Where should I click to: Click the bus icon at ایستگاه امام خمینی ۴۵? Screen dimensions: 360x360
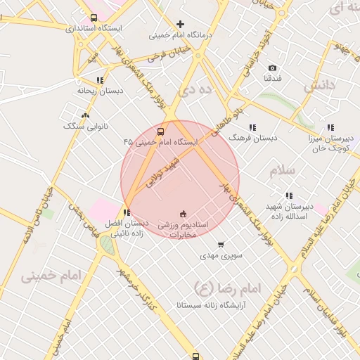(161, 131)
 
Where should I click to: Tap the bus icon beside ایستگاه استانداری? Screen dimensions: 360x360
(94, 18)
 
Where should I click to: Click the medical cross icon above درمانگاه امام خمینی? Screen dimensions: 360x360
(181, 25)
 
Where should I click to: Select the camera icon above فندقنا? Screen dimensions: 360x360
(272, 68)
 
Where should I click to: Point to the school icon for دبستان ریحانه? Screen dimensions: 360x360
(100, 80)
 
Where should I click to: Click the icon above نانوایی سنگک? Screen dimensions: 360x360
(86, 115)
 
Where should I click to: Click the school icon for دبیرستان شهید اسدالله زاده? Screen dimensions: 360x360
(288, 196)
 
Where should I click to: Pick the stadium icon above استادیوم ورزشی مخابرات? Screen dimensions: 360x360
(183, 214)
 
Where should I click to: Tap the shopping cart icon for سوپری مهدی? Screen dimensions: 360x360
(221, 245)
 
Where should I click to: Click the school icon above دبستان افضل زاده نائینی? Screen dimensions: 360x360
(127, 212)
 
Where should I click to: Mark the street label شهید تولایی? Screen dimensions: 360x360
(162, 172)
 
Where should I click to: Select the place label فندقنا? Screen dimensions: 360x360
(272, 79)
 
